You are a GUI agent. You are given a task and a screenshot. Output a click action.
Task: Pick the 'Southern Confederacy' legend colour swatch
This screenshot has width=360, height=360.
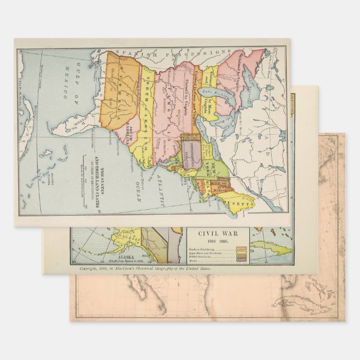(242, 249)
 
